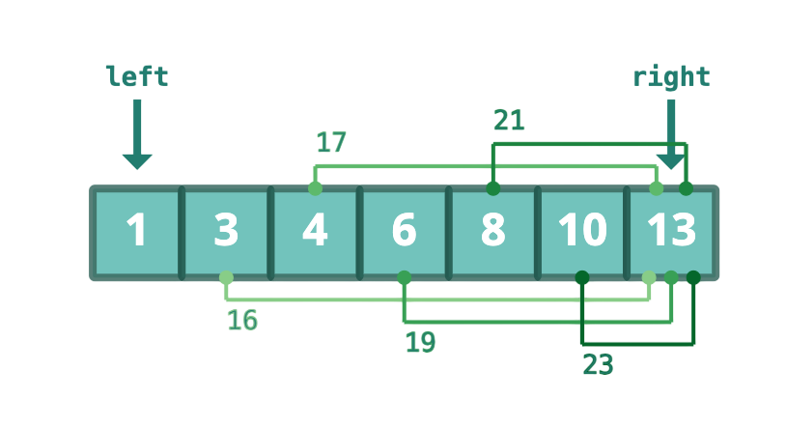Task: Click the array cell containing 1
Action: [137, 233]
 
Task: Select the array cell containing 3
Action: [226, 233]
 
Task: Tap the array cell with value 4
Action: [315, 233]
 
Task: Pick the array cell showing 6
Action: [404, 233]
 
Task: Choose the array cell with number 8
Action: [492, 233]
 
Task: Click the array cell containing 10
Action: [582, 233]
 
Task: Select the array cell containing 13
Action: [671, 233]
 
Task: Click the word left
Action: [137, 76]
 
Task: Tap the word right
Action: [671, 77]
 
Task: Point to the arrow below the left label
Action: [137, 134]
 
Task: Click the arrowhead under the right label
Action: [671, 161]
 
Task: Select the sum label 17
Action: [331, 142]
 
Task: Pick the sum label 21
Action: [509, 121]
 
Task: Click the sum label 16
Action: [242, 320]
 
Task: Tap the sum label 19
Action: [420, 342]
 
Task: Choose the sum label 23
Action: [598, 364]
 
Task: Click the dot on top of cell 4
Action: [315, 188]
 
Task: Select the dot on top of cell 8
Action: [492, 188]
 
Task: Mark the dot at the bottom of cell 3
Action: [226, 277]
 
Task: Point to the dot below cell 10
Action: [582, 277]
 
